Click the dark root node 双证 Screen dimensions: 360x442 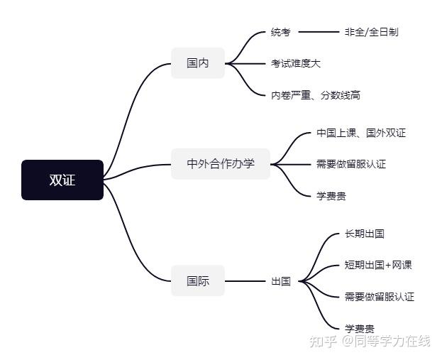point(62,180)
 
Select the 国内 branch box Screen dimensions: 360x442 point(198,63)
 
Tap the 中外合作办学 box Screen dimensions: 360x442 point(221,164)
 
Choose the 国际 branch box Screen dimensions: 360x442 point(198,280)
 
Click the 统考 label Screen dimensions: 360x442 point(281,32)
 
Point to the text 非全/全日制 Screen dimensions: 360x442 point(371,32)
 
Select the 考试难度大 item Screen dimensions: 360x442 point(296,63)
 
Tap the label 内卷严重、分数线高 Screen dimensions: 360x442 point(316,94)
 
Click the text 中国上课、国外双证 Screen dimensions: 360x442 point(361,133)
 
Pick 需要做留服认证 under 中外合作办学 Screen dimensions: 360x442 point(351,164)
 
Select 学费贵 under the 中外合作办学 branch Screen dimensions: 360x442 point(331,195)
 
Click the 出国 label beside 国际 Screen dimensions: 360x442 point(281,281)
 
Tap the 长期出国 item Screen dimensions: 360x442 point(365,234)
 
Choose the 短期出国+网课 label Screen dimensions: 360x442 point(378,265)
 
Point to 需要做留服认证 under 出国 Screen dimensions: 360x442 point(380,297)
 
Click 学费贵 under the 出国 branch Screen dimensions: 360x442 point(360,328)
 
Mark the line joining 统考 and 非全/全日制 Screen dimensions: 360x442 point(319,32)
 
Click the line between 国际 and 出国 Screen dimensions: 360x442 point(245,281)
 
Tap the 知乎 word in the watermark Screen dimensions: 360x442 point(322,342)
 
